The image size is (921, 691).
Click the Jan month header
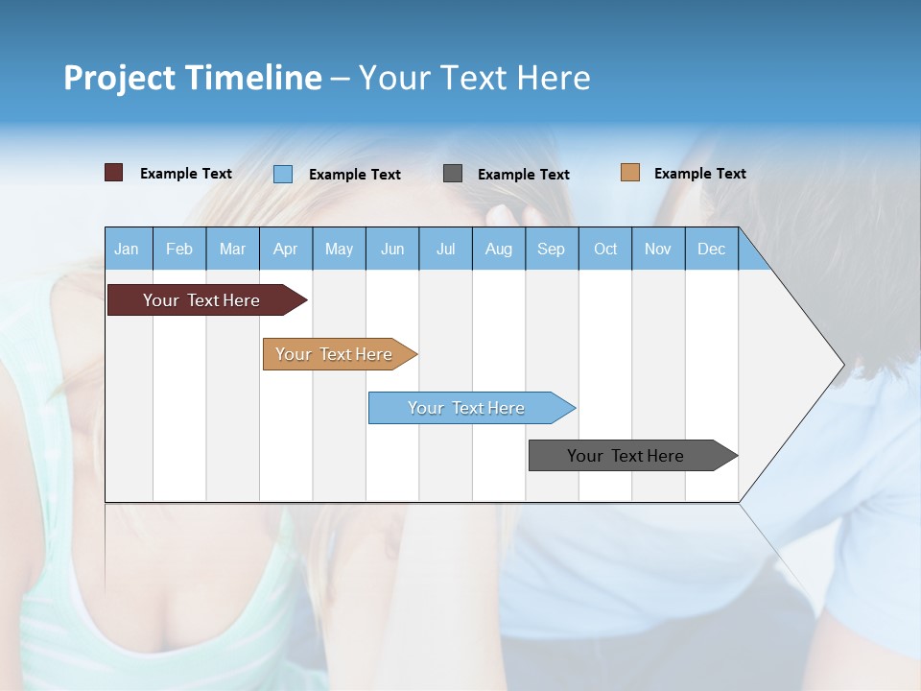coord(128,249)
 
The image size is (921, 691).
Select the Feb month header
coord(179,249)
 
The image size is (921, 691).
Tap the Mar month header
coord(232,249)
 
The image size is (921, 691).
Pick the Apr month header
coord(286,249)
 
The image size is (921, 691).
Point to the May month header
coord(339,249)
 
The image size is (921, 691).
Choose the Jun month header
coord(392,249)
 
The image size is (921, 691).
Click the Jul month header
coord(445,249)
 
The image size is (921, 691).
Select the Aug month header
coord(499,249)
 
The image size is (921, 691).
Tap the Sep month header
coord(552,249)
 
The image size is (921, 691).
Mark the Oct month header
coord(605,249)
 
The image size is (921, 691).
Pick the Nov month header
coord(658,249)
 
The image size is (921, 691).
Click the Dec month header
coord(712,249)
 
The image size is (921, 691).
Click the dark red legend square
coord(114,173)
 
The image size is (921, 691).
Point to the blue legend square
coord(283,174)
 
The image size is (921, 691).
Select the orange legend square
coord(630,173)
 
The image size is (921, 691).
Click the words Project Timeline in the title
coord(193,78)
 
